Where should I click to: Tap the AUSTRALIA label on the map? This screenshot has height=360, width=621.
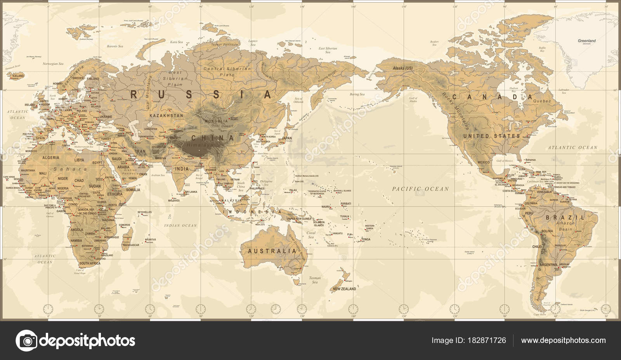(x=272, y=251)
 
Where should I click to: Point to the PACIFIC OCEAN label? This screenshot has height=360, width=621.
(x=420, y=189)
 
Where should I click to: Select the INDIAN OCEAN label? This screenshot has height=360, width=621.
(x=180, y=225)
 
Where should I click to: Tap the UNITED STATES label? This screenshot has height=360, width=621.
(x=491, y=136)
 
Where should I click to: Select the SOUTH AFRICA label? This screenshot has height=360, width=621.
(x=90, y=263)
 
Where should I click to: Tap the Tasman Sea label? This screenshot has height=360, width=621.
(x=315, y=280)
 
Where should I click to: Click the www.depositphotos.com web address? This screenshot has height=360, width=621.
(x=563, y=340)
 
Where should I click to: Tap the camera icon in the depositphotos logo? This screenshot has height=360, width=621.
(x=26, y=341)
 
